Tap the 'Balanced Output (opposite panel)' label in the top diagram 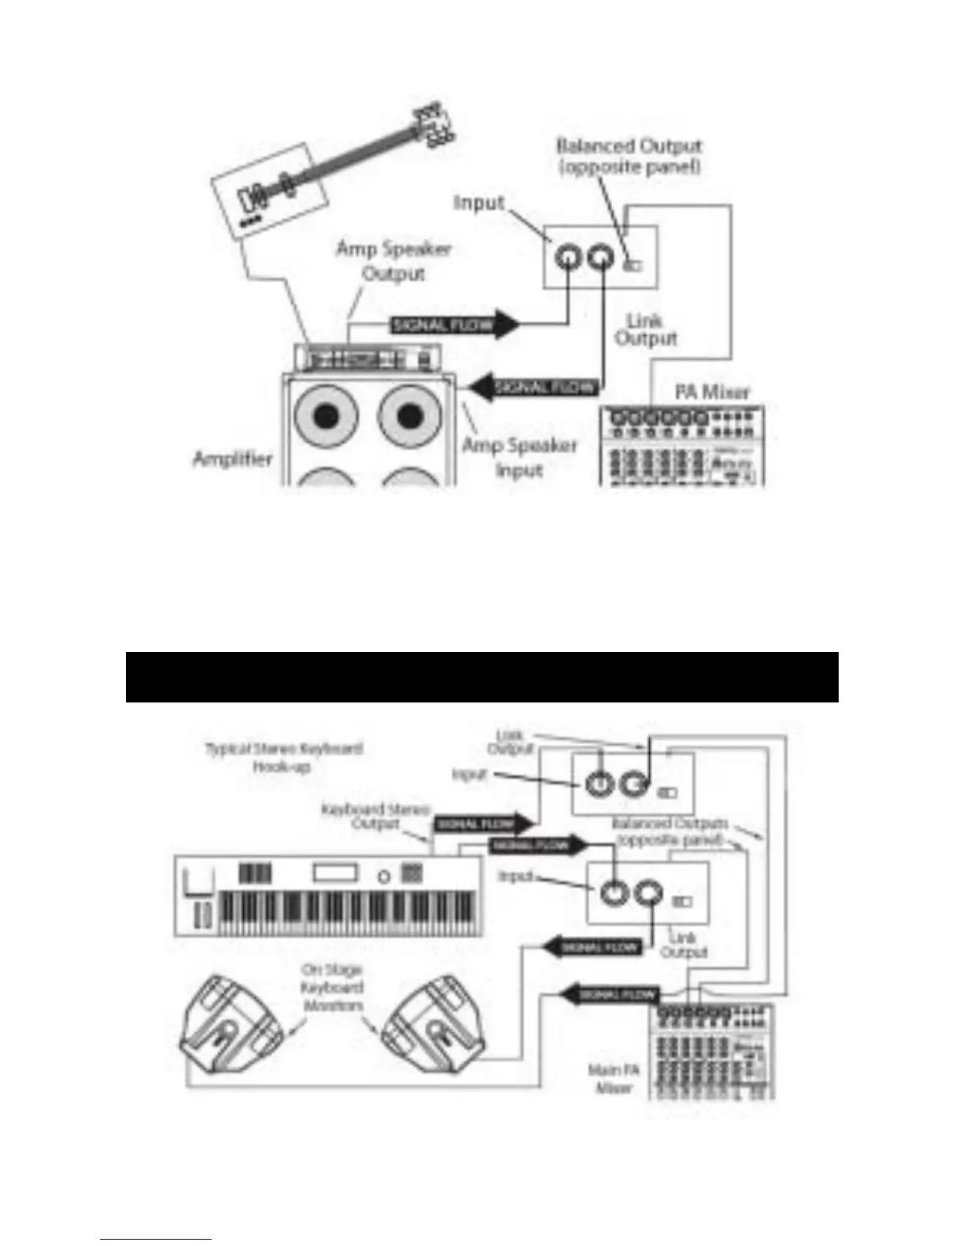coord(629,157)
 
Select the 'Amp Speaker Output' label coord(393,261)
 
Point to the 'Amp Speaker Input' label coord(519,458)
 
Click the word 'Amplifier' coord(233,459)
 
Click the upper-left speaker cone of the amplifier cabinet coord(327,415)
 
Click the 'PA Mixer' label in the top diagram coord(712,391)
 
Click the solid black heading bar coord(481,676)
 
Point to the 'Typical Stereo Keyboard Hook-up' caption coord(284,758)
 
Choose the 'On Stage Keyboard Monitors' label coord(332,988)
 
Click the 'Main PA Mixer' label coord(611,1078)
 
